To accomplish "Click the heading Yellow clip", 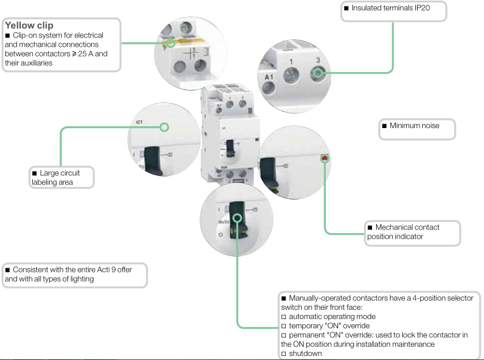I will click(x=29, y=26).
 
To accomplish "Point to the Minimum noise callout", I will click(x=414, y=126).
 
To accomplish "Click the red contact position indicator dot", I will click(x=325, y=157).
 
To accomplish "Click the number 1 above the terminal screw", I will click(x=291, y=61).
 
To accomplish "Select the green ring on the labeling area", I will click(x=164, y=127).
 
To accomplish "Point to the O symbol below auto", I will click(x=220, y=237).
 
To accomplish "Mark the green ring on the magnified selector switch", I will click(x=237, y=219).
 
